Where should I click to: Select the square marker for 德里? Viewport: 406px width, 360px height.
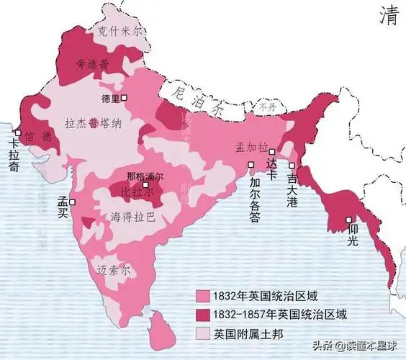[125, 96]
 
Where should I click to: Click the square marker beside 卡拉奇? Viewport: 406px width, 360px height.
[17, 132]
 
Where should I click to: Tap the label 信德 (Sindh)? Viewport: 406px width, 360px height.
[38, 136]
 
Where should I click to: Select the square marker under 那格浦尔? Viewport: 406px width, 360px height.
[145, 186]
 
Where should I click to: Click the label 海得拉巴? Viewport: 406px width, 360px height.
[132, 216]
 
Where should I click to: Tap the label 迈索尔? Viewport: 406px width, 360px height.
[114, 269]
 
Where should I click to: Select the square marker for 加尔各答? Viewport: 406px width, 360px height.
[251, 165]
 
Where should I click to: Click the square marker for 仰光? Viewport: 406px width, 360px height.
[348, 220]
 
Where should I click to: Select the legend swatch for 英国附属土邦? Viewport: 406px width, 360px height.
[202, 333]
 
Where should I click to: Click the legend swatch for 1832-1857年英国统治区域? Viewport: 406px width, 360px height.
[202, 314]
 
